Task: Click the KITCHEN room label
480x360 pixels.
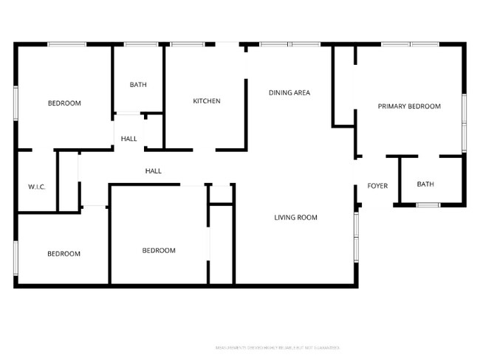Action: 207,101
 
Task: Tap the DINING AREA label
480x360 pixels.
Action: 289,93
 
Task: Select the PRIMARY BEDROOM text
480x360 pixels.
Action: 409,106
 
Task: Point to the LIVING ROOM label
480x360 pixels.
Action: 295,217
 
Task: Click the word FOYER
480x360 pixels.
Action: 377,186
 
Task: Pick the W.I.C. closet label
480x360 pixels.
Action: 37,187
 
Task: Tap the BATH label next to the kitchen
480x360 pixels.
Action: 138,85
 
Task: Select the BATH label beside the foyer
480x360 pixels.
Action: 425,184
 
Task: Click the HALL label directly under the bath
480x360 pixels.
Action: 129,139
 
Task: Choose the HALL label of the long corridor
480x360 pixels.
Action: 153,171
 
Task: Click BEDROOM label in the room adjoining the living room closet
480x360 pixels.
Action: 159,251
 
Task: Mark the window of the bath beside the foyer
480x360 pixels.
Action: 428,204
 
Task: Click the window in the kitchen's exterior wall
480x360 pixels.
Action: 188,45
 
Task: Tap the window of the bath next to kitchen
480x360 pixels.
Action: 138,45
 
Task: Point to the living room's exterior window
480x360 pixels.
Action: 356,237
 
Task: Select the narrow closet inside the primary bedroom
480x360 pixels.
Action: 344,85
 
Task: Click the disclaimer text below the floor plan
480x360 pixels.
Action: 277,347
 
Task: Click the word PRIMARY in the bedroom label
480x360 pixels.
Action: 392,106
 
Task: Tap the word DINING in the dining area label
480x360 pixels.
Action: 280,93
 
